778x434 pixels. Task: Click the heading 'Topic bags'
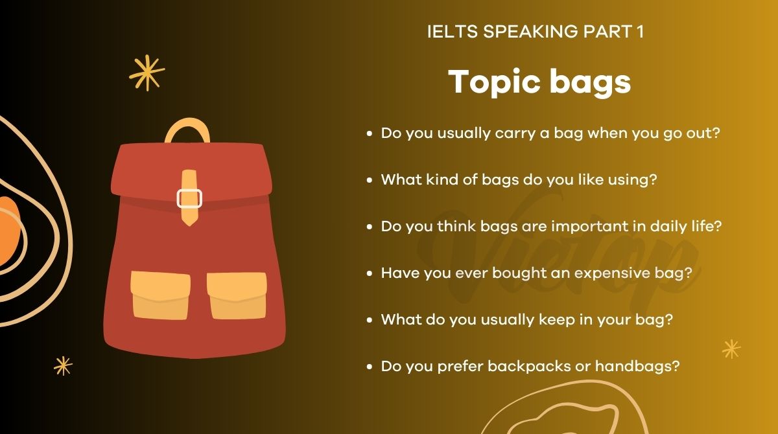point(539,82)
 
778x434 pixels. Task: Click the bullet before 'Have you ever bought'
point(370,273)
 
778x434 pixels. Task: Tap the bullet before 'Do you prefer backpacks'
point(370,367)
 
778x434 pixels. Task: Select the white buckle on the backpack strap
point(190,198)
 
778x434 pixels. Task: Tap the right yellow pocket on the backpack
point(237,295)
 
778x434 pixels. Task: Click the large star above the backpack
point(147,73)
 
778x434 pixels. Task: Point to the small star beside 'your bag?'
point(731,349)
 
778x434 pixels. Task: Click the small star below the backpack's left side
point(63,365)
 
